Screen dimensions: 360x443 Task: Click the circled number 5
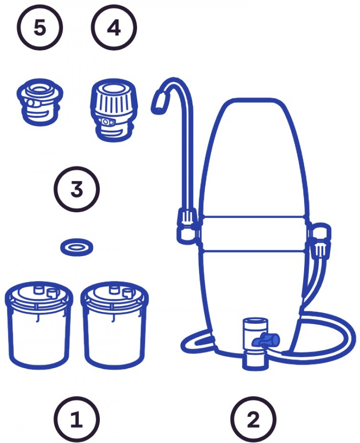pyautogui.click(x=40, y=27)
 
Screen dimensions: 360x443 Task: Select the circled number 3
pyautogui.click(x=77, y=189)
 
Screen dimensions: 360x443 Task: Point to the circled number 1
pyautogui.click(x=77, y=419)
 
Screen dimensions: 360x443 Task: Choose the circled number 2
pyautogui.click(x=253, y=419)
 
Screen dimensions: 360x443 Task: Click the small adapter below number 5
pyautogui.click(x=40, y=102)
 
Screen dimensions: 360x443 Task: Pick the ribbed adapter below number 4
pyautogui.click(x=114, y=110)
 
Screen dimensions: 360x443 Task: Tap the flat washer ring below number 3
pyautogui.click(x=77, y=247)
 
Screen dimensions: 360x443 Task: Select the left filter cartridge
pyautogui.click(x=39, y=325)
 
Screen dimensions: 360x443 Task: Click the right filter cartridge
pyautogui.click(x=114, y=325)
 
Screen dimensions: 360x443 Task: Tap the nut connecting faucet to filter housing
pyautogui.click(x=187, y=225)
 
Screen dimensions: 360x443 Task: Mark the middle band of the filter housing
pyautogui.click(x=253, y=233)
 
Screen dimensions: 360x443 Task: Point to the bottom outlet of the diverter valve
pyautogui.click(x=254, y=361)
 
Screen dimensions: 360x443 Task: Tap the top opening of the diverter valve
pyautogui.click(x=255, y=323)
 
